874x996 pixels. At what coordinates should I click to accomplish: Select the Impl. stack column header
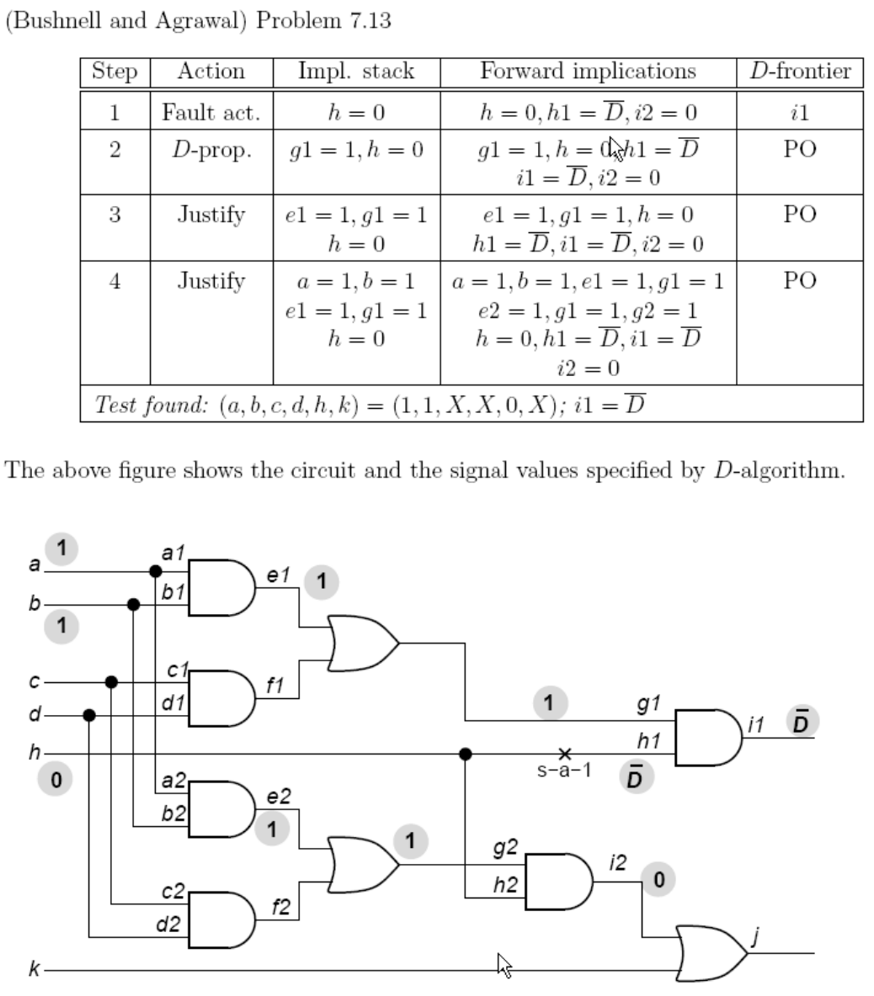point(356,72)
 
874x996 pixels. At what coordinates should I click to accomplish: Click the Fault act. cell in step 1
point(211,112)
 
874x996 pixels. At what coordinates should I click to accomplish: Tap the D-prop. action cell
point(211,151)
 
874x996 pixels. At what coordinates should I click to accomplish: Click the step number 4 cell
point(115,281)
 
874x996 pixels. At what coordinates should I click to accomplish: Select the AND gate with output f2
point(221,920)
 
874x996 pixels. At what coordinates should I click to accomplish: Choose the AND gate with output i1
point(707,737)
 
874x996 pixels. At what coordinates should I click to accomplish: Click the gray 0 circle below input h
point(56,781)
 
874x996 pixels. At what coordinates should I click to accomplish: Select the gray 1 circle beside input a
point(61,548)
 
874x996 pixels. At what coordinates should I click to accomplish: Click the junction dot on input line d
point(90,716)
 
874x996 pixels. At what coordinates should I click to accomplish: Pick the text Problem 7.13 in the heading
point(323,20)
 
